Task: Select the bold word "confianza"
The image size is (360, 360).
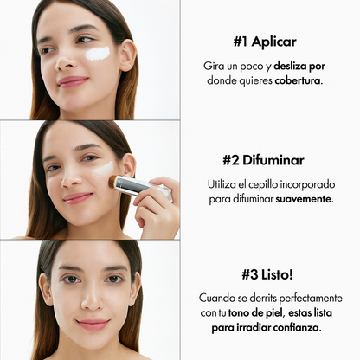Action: pyautogui.click(x=301, y=328)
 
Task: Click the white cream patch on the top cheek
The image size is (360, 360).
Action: pyautogui.click(x=98, y=54)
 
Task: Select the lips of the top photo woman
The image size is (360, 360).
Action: pyautogui.click(x=73, y=81)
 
